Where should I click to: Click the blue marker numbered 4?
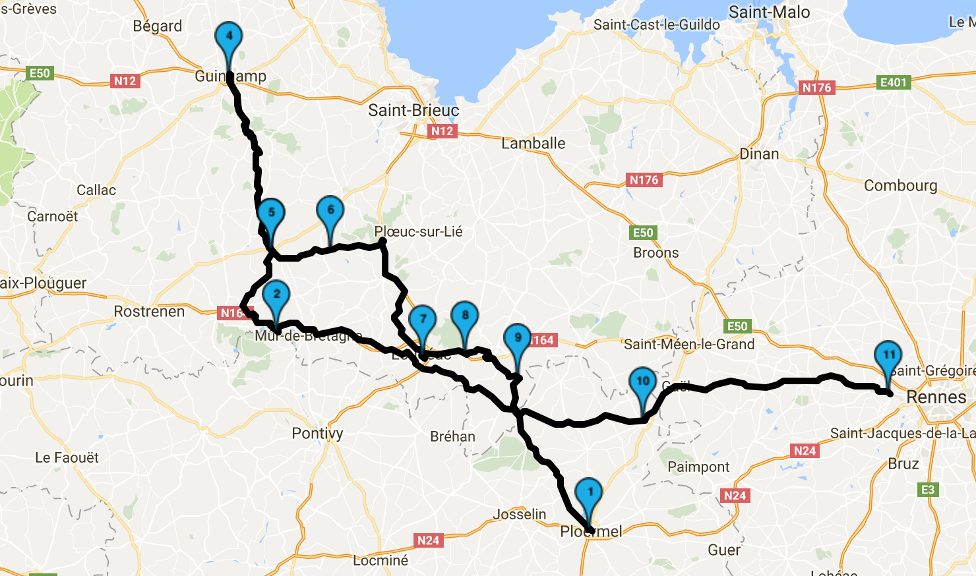point(229,38)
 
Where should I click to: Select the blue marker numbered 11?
point(888,357)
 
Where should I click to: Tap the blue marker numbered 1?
point(589,494)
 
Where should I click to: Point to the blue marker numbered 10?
point(643,383)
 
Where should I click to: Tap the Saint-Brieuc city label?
point(413,110)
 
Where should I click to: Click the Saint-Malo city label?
point(769,13)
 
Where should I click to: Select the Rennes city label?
point(936,397)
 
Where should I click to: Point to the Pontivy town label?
point(317,433)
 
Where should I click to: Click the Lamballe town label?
point(534,143)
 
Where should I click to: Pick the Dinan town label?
point(759,154)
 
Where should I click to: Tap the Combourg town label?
point(901,186)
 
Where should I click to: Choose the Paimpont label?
point(698,467)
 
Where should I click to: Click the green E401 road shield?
point(894,82)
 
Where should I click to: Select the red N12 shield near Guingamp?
point(125,81)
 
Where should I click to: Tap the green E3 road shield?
point(928,490)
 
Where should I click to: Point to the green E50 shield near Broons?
point(643,233)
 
